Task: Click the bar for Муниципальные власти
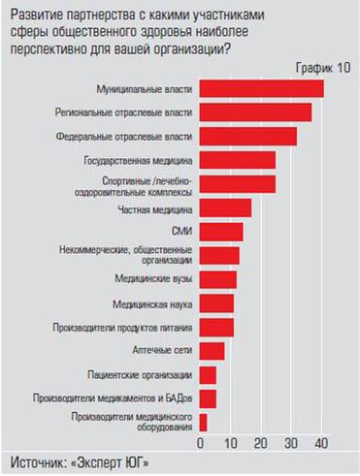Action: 261,89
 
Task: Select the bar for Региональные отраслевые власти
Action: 255,112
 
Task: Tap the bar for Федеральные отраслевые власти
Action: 247,137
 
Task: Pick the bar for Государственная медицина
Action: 237,160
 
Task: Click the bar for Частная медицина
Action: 225,207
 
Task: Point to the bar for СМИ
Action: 220,232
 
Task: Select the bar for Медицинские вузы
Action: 217,279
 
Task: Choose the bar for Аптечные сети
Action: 212,351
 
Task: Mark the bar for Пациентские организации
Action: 208,374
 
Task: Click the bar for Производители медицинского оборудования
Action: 203,422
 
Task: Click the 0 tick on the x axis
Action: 201,443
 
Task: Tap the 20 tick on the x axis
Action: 261,443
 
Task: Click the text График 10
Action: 323,66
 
